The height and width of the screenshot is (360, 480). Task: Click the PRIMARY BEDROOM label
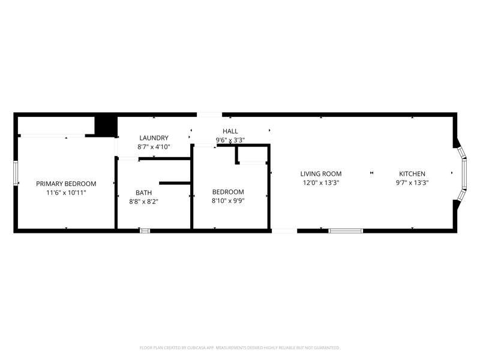pos(66,184)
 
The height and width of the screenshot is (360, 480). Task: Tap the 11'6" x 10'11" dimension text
pos(66,193)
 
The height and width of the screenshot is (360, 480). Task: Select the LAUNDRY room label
pos(154,138)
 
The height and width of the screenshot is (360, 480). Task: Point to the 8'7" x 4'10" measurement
pos(154,147)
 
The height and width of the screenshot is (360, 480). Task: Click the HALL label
pos(230,131)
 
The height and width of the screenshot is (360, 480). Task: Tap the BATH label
pos(143,193)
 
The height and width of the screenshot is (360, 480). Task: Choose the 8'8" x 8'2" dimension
pos(143,202)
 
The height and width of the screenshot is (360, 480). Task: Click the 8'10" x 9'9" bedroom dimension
pos(228,201)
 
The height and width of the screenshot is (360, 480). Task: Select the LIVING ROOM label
pos(321,174)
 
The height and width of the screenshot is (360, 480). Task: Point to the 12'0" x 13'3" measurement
pos(321,183)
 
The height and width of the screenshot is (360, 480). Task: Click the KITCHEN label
pos(412,174)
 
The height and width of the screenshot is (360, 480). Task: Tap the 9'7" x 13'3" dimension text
pos(412,183)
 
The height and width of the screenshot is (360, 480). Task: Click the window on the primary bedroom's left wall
pos(16,173)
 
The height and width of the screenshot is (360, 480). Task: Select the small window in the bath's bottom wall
pos(145,231)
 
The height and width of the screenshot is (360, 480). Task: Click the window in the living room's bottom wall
pos(346,231)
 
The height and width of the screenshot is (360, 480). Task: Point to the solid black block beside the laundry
pos(106,126)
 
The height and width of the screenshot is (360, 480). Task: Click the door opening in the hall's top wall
pos(209,115)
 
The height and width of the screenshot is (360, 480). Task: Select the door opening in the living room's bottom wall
pos(284,231)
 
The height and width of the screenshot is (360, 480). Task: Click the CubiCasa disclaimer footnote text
pos(239,348)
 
